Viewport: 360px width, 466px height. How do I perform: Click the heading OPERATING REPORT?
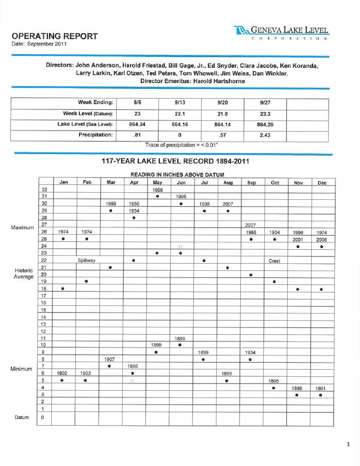55,36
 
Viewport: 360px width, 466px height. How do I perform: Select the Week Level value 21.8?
222,114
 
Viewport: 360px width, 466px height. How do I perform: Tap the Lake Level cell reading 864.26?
265,124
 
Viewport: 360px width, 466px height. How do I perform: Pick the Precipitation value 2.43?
265,135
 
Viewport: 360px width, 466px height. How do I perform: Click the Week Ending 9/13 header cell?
180,103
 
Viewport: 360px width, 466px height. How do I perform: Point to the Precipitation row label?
96,135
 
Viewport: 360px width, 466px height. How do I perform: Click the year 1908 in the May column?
157,190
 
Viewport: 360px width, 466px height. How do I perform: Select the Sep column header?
251,182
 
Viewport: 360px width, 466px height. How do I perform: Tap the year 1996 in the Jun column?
181,197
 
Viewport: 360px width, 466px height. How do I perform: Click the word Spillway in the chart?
86,260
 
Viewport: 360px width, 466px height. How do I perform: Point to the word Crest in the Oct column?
274,261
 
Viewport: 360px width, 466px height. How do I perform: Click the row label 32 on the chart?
44,190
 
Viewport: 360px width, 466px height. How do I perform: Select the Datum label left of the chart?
22,417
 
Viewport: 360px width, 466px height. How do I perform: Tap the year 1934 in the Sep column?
250,352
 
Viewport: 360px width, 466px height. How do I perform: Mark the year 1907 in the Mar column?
110,359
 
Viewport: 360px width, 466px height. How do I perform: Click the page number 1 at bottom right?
348,444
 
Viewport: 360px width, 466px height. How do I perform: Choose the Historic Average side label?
23,274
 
